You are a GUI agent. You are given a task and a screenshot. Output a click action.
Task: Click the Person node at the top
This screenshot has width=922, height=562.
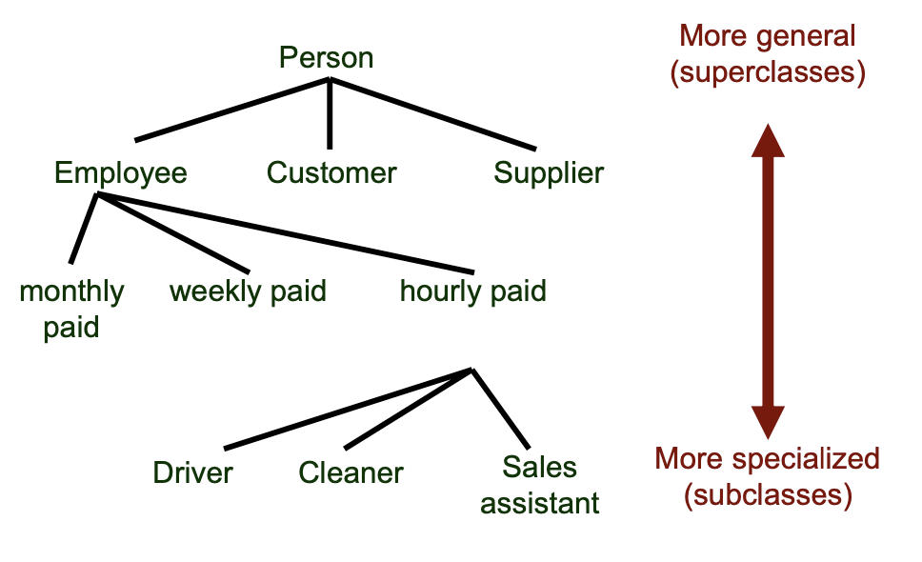click(x=326, y=57)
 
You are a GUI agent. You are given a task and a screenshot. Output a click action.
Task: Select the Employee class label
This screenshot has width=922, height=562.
click(x=120, y=172)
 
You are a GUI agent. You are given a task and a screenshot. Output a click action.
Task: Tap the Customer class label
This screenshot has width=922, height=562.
click(x=331, y=172)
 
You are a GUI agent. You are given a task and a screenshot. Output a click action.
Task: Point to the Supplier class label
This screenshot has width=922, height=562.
click(x=549, y=172)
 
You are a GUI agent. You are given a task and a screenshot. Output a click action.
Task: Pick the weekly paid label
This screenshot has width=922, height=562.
click(x=248, y=291)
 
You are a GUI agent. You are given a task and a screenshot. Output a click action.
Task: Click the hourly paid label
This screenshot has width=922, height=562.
click(x=473, y=291)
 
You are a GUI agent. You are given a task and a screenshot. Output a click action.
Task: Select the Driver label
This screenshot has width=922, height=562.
click(x=192, y=472)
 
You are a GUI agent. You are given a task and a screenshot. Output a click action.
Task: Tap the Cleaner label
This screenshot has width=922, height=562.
click(x=351, y=472)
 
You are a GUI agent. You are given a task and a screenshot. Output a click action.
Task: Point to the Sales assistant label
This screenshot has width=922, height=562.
click(x=540, y=485)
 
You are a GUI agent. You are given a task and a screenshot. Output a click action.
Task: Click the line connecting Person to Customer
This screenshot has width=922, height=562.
click(x=330, y=114)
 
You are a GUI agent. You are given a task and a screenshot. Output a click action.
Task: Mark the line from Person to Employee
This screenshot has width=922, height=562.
click(x=231, y=110)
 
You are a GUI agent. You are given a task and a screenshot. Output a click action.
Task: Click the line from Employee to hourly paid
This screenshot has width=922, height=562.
click(x=286, y=233)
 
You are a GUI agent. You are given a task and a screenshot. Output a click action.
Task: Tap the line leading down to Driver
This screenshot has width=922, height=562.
click(x=348, y=409)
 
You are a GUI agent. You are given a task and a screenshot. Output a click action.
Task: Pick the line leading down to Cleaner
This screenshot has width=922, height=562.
click(x=408, y=409)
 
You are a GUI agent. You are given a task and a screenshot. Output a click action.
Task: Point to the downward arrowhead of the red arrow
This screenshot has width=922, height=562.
click(x=768, y=421)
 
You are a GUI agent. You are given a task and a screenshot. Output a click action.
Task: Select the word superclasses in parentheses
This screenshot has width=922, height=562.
click(x=767, y=73)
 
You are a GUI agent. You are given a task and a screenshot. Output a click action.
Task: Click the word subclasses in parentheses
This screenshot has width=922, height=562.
click(x=767, y=495)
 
